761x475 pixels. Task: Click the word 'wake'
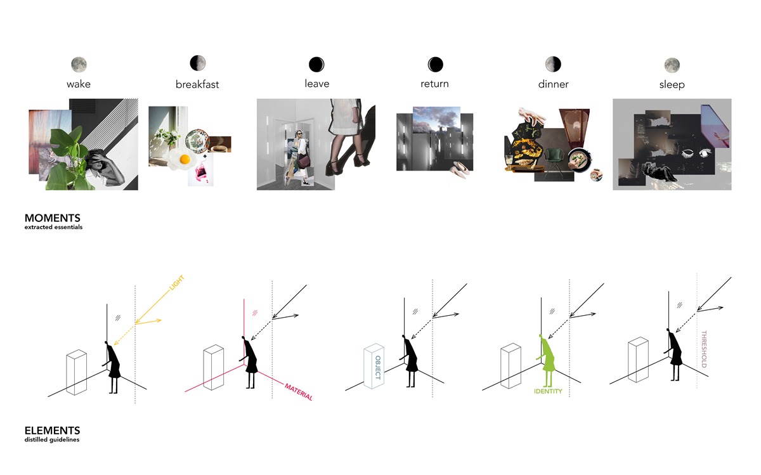pyautogui.click(x=79, y=84)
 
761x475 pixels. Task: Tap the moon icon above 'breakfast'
pyautogui.click(x=198, y=63)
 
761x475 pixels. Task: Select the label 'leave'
pyautogui.click(x=317, y=84)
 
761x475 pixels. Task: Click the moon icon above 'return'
pyautogui.click(x=435, y=64)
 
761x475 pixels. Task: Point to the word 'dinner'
pyautogui.click(x=553, y=84)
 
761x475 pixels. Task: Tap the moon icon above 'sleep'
pyautogui.click(x=672, y=65)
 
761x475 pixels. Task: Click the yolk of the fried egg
pyautogui.click(x=185, y=159)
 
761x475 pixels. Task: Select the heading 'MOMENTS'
pyautogui.click(x=52, y=218)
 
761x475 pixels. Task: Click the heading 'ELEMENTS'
pyautogui.click(x=52, y=431)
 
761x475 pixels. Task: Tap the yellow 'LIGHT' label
pyautogui.click(x=177, y=283)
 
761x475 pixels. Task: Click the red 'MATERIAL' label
pyautogui.click(x=299, y=392)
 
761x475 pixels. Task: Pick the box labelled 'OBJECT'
pyautogui.click(x=374, y=366)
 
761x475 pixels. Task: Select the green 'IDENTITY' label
pyautogui.click(x=548, y=391)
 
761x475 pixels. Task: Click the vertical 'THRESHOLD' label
pyautogui.click(x=704, y=349)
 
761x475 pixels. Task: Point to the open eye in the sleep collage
pyautogui.click(x=705, y=153)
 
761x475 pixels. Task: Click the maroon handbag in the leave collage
pyautogui.click(x=304, y=161)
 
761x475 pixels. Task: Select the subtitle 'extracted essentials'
pyautogui.click(x=53, y=227)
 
